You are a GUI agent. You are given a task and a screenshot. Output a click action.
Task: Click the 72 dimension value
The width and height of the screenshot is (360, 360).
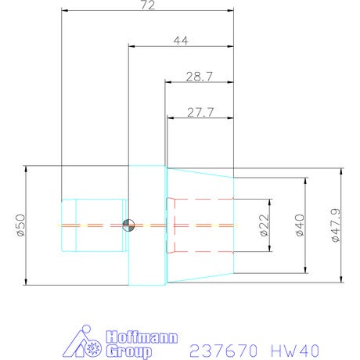tap(148, 5)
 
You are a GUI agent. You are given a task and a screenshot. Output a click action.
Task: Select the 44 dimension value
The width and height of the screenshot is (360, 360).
tap(181, 41)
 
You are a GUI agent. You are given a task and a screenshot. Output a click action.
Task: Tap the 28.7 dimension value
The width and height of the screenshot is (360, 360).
tap(200, 77)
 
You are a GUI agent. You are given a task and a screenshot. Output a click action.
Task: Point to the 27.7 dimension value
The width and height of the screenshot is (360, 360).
tap(200, 112)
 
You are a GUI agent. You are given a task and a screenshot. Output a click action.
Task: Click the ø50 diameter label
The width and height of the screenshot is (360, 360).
tap(21, 225)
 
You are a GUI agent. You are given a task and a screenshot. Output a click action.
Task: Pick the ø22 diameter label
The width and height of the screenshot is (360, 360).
tap(265, 225)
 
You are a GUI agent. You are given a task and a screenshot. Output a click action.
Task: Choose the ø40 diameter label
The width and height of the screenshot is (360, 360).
tap(300, 225)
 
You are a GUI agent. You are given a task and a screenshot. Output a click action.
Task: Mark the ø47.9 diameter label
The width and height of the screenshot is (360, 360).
tap(336, 225)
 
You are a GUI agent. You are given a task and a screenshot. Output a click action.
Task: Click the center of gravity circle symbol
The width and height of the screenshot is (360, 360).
tap(128, 225)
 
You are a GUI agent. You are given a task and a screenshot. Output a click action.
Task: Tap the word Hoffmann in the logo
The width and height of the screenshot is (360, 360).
tap(142, 337)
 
